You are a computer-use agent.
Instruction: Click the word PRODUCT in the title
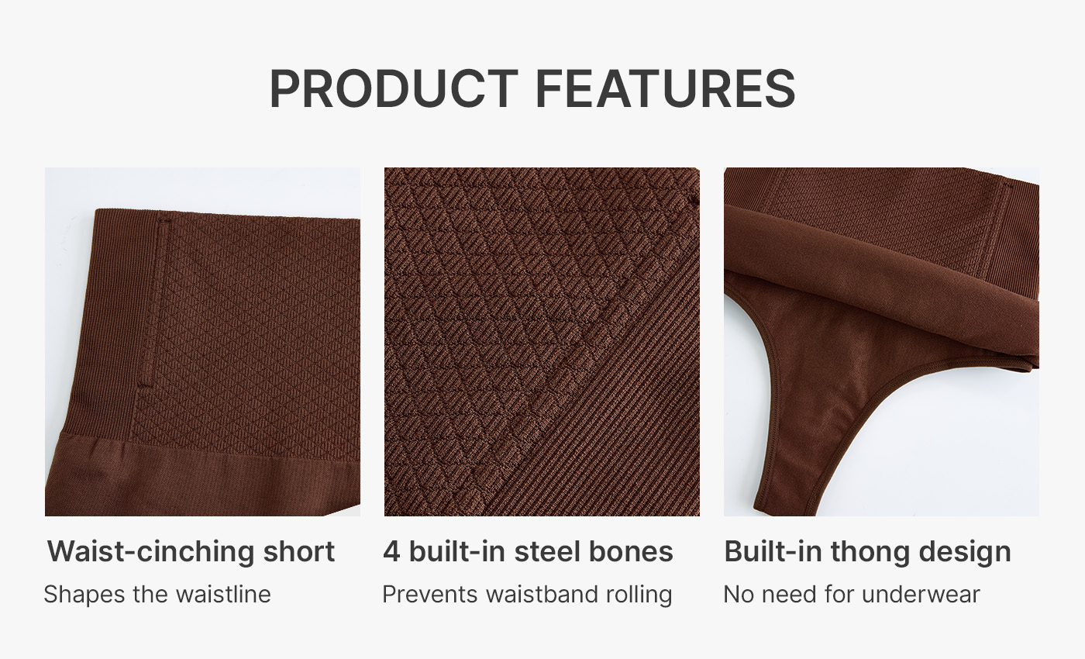[x=394, y=88]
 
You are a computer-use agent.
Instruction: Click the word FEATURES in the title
[x=666, y=88]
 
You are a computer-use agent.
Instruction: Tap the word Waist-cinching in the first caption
[x=150, y=552]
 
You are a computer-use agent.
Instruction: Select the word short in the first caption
[x=299, y=551]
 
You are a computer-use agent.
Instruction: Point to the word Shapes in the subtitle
[x=84, y=595]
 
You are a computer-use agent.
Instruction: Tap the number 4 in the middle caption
[x=391, y=551]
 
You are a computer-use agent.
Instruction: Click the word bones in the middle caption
[x=631, y=551]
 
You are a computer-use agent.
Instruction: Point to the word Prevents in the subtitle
[x=430, y=595]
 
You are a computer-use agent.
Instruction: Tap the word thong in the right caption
[x=870, y=552]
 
